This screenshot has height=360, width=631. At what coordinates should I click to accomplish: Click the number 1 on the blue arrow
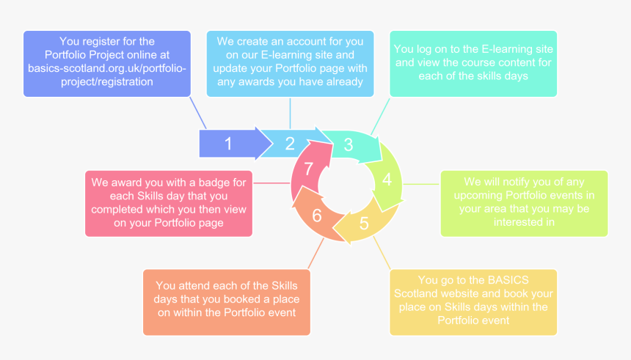pos(228,144)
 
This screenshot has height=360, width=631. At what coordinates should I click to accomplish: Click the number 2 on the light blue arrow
pos(290,144)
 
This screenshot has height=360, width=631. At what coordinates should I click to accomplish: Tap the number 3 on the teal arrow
pos(349,144)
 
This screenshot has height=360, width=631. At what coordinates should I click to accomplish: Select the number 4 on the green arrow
pos(387,179)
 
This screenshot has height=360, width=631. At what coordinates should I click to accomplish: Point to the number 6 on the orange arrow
pos(316,216)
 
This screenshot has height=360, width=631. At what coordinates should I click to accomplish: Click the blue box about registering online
pos(107,63)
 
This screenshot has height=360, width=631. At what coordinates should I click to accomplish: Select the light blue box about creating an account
pos(290,63)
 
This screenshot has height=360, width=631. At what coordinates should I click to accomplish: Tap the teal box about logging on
pos(473,63)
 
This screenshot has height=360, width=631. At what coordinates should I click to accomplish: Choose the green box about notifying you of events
pos(524,203)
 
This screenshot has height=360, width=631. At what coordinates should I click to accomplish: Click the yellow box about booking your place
pos(473,301)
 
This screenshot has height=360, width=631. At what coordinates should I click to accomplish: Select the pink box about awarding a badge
pos(169,203)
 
